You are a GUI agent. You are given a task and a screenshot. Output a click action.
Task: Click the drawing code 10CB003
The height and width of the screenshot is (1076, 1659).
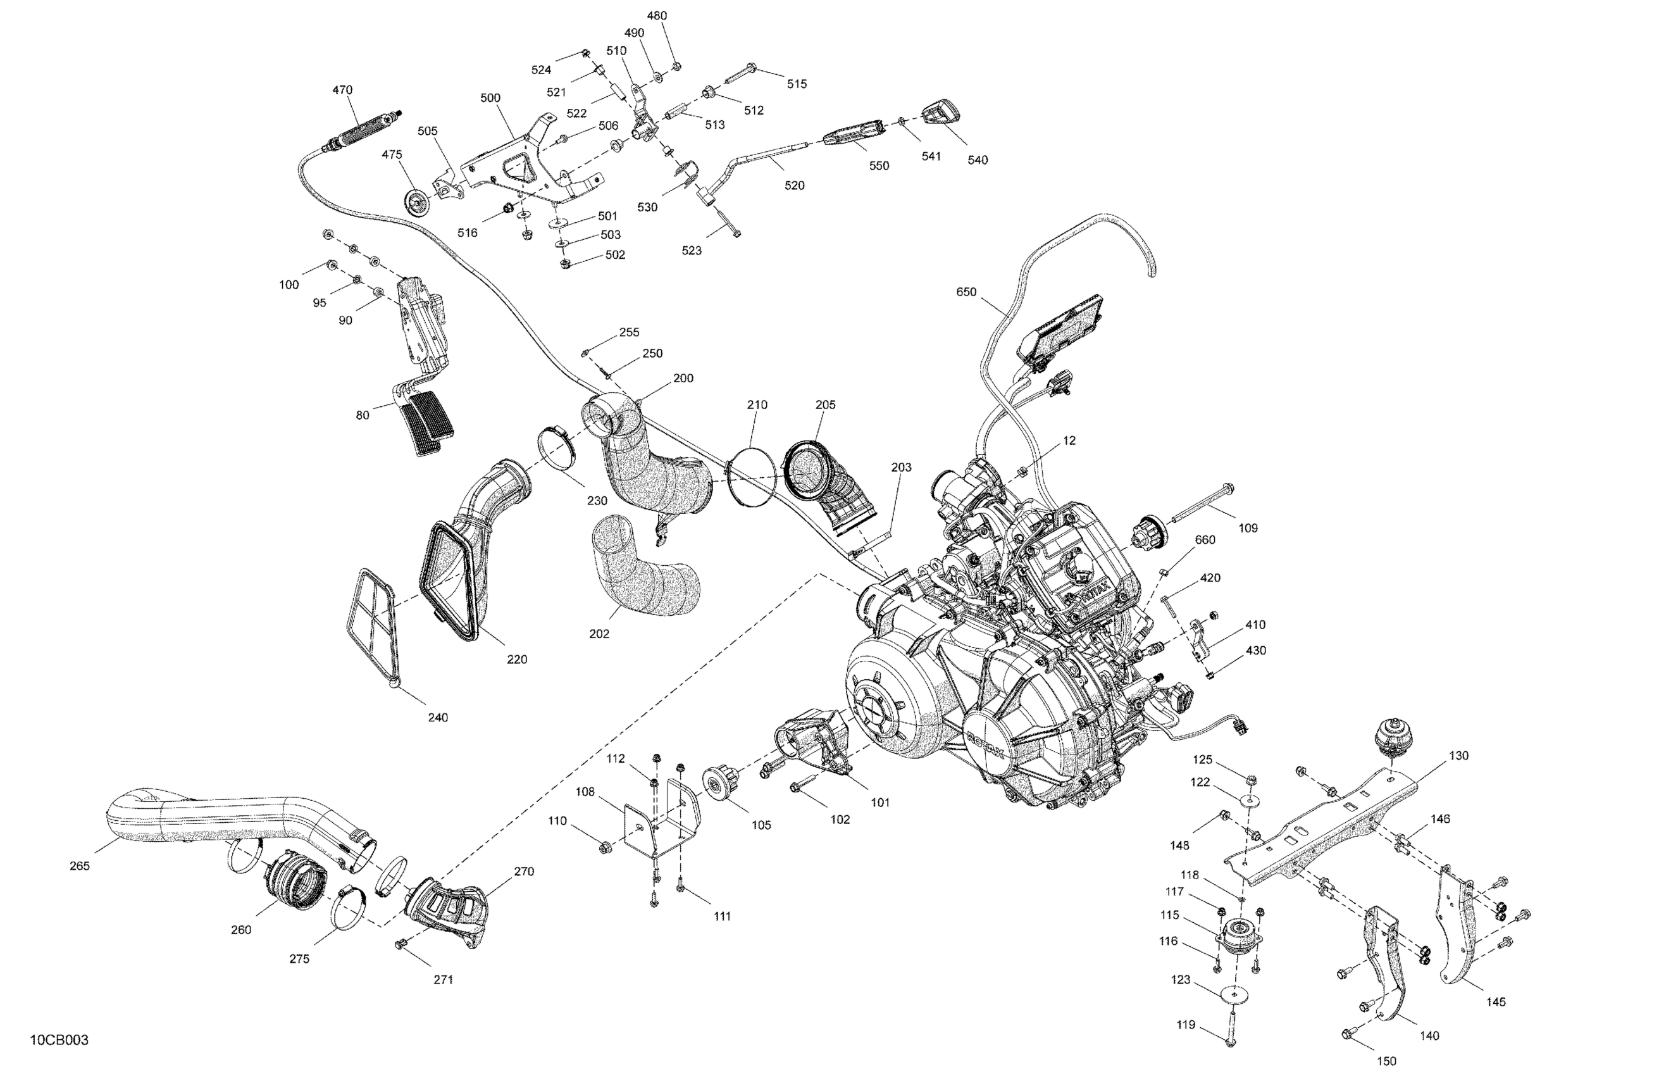[59, 1041]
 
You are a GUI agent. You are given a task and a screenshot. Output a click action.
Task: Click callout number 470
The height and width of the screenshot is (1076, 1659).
[342, 90]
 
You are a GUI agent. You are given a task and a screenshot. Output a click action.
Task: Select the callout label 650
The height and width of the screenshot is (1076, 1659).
[966, 292]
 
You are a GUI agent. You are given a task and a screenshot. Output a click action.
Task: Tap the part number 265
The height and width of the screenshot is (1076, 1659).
[80, 866]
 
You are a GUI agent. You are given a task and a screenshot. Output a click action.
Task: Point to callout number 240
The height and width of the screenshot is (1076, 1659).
[438, 718]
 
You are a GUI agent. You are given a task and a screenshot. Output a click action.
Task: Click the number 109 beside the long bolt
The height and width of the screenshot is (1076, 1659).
[1248, 529]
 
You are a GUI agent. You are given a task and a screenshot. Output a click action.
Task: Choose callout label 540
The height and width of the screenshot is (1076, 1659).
[978, 160]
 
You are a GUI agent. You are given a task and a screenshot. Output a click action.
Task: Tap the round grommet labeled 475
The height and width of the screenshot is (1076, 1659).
[418, 201]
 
